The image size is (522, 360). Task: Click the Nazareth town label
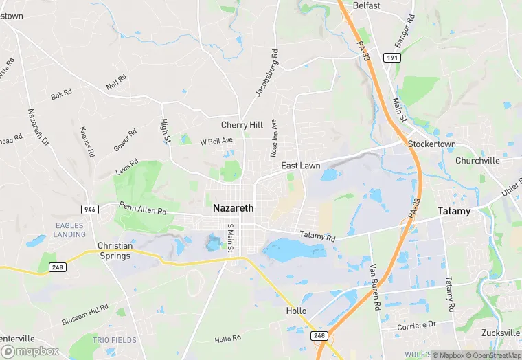(x=233, y=207)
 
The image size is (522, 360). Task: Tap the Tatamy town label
(x=455, y=211)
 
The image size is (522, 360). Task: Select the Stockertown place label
(x=432, y=145)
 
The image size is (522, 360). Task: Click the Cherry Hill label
(x=242, y=125)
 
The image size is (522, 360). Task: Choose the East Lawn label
(x=300, y=166)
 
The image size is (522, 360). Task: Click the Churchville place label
(x=477, y=161)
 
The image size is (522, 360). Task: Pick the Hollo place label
(x=296, y=311)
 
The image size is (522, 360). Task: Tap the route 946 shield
(x=90, y=207)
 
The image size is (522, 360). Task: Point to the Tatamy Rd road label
(x=317, y=237)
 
